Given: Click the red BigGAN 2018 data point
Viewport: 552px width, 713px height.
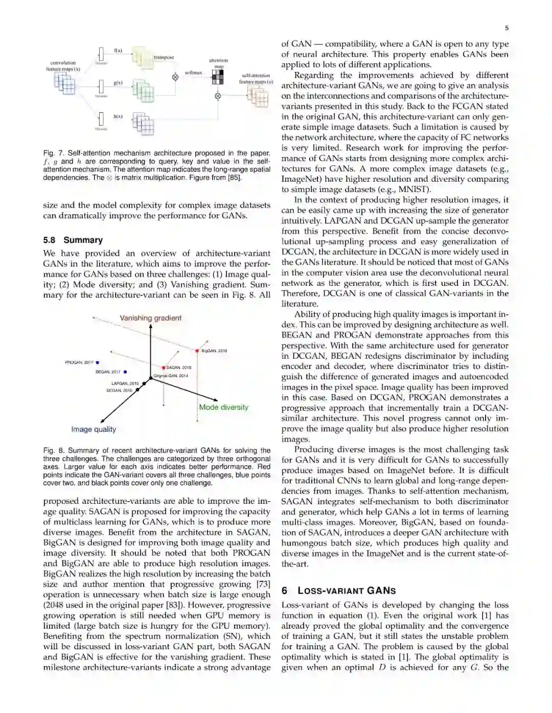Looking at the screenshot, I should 197,351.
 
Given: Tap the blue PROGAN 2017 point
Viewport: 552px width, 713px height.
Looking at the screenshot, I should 98,362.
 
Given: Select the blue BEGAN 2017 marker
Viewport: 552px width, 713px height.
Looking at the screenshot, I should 125,372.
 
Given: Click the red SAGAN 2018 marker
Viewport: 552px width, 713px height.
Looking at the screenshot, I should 164,367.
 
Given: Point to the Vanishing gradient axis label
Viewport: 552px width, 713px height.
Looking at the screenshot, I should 150,318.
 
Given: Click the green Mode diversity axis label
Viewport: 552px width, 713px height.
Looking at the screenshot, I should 223,407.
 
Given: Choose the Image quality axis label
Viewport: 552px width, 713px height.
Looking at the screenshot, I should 94,429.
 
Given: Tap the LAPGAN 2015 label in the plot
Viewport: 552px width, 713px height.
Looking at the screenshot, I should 125,383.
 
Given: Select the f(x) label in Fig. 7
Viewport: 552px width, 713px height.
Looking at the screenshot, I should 118,51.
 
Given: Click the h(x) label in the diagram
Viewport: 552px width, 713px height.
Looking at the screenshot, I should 118,117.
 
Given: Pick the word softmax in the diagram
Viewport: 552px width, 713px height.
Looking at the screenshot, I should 193,73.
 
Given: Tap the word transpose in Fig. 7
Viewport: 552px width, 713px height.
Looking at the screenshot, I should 164,58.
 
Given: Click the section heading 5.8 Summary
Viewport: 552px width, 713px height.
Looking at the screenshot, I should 73,240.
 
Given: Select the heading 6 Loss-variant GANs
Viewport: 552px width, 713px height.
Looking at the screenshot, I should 338,591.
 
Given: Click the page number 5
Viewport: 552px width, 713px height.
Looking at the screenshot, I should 507,28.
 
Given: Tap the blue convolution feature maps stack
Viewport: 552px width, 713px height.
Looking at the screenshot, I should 65,83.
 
